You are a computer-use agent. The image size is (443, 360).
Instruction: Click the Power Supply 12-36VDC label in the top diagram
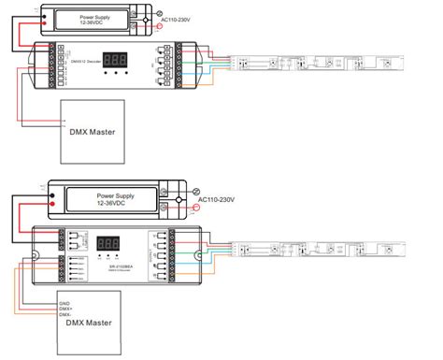click(105, 19)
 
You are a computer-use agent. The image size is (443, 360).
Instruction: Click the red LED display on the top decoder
click(116, 58)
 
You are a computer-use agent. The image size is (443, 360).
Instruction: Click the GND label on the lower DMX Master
click(65, 302)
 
